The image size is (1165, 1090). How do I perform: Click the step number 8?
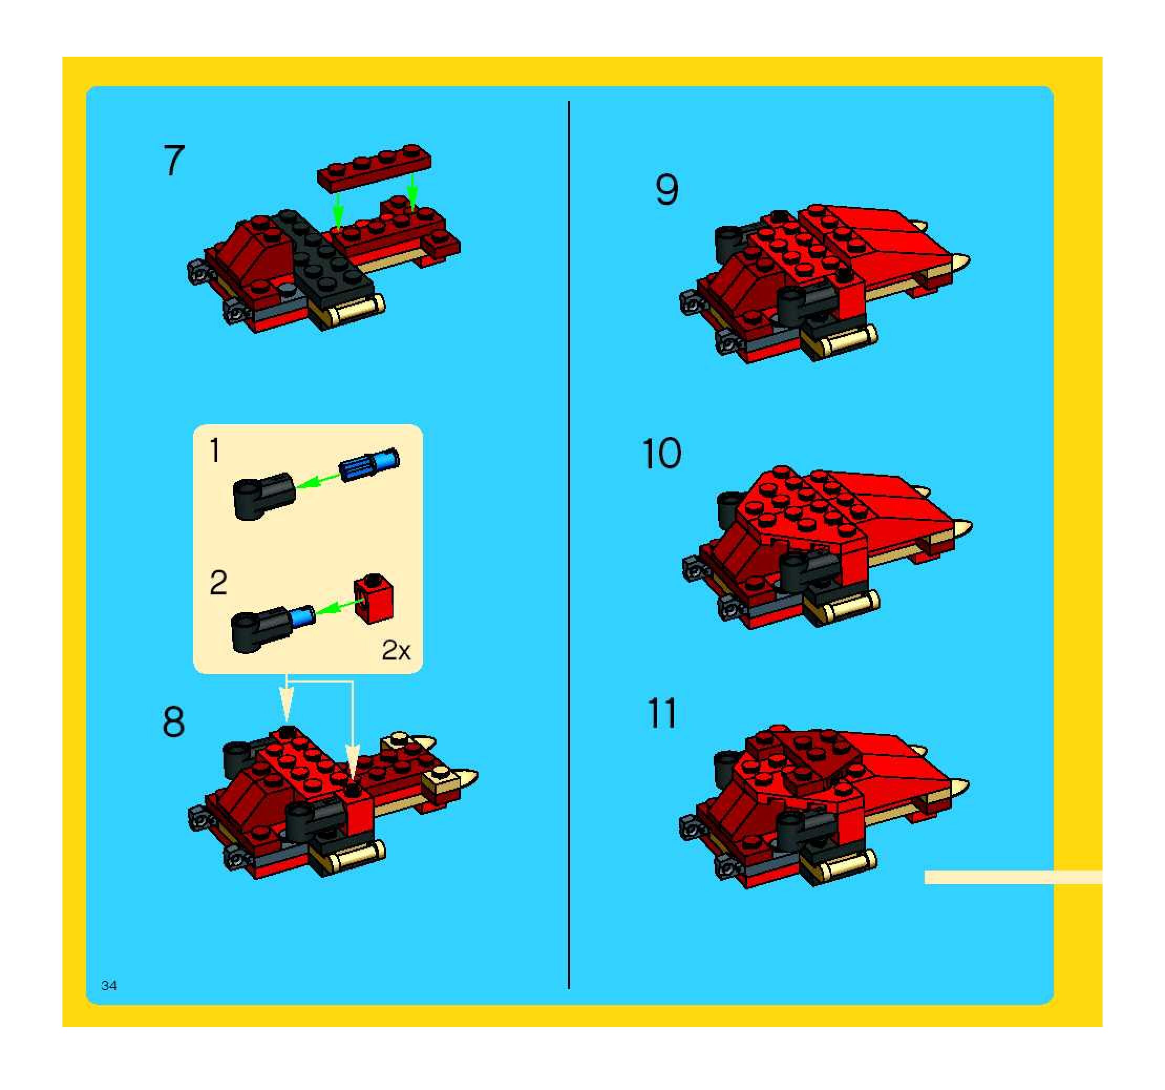174,722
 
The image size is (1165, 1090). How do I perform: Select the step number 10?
662,454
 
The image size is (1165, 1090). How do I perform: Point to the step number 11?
662,714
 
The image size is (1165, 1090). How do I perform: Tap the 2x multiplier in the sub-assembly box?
396,650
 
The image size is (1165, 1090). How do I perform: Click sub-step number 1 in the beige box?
215,450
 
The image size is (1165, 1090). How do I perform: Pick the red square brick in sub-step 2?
373,598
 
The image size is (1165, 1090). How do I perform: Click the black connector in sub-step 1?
264,496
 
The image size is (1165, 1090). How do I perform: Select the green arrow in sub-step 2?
338,606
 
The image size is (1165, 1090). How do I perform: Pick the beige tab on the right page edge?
1013,877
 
